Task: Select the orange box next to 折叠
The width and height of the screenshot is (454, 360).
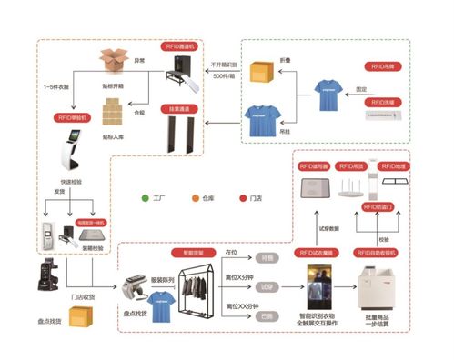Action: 265,70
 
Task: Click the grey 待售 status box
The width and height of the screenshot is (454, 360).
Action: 267,259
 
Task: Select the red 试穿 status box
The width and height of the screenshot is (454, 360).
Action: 267,287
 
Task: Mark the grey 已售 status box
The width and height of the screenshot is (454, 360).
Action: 267,315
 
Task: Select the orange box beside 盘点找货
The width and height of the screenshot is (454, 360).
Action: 84,319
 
